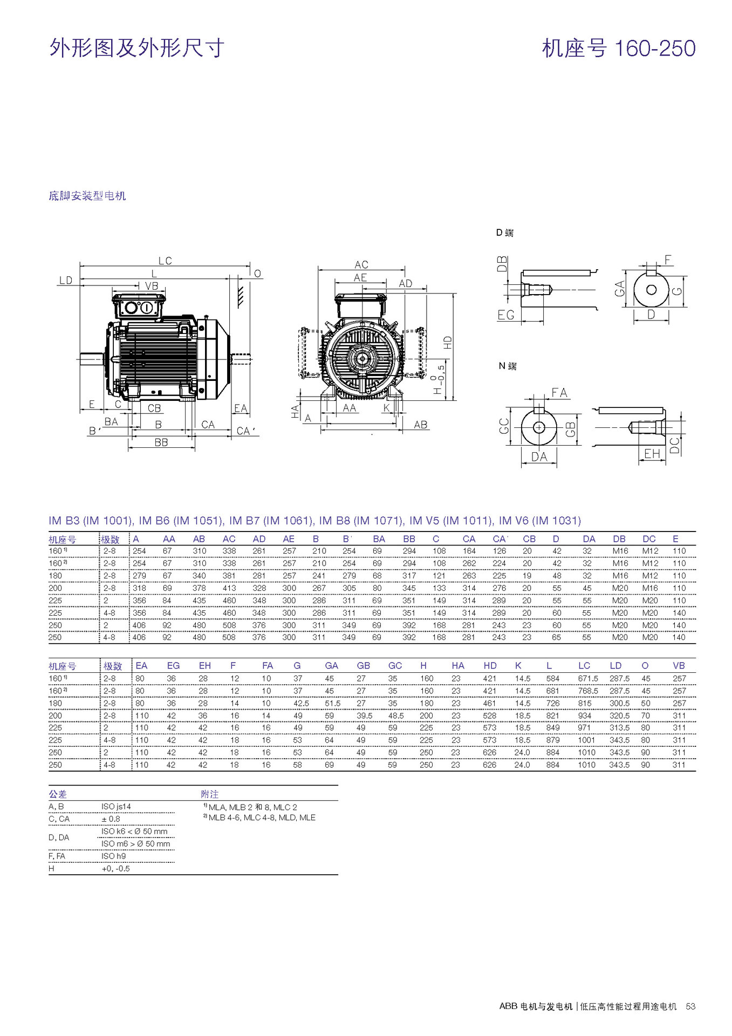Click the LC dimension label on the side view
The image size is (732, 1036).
pyautogui.click(x=165, y=261)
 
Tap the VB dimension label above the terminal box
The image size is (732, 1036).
pyautogui.click(x=152, y=285)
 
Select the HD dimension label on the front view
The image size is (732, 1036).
pyautogui.click(x=447, y=342)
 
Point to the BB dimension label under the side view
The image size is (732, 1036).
pyautogui.click(x=161, y=442)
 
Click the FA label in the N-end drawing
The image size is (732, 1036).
pyautogui.click(x=559, y=393)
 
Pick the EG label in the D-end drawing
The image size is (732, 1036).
pyautogui.click(x=506, y=315)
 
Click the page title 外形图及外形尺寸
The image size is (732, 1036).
pyautogui.click(x=136, y=48)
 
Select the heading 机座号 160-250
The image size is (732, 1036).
pyautogui.click(x=618, y=48)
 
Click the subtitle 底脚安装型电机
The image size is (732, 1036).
pyautogui.click(x=87, y=196)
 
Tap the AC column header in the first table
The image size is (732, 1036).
pyautogui.click(x=229, y=539)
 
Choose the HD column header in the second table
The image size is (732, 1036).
pyautogui.click(x=490, y=666)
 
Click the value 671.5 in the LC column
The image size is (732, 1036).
pyautogui.click(x=588, y=679)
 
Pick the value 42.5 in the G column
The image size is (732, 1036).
pyautogui.click(x=301, y=704)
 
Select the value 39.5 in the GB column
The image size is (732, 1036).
pyautogui.click(x=364, y=716)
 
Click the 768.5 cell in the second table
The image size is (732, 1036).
pyautogui.click(x=588, y=691)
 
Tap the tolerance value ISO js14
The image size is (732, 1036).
pyautogui.click(x=116, y=807)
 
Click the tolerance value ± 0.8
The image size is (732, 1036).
pyautogui.click(x=111, y=819)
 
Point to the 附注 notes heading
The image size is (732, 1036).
pyautogui.click(x=209, y=794)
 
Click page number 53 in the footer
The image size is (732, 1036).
pyautogui.click(x=690, y=1006)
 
